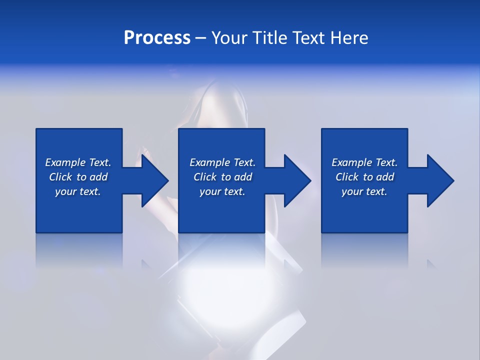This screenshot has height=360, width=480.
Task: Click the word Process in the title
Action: (157, 38)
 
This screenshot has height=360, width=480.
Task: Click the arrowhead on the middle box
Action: (296, 180)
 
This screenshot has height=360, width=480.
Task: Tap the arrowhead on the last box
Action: (439, 180)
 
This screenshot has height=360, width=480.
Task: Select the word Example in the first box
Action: (65, 162)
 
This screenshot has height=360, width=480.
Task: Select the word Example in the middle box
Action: (210, 162)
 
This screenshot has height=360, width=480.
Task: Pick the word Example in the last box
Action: (352, 162)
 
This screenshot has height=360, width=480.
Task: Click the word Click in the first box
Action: (60, 177)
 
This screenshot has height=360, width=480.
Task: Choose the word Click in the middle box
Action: (205, 177)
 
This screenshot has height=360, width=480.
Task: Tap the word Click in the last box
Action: (347, 177)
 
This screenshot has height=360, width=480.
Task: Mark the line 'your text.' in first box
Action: (78, 191)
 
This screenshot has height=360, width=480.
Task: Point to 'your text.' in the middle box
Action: (222, 191)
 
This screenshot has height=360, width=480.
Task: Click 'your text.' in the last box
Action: (364, 191)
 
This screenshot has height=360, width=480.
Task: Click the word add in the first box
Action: (98, 177)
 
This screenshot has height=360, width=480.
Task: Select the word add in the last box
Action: (385, 177)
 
